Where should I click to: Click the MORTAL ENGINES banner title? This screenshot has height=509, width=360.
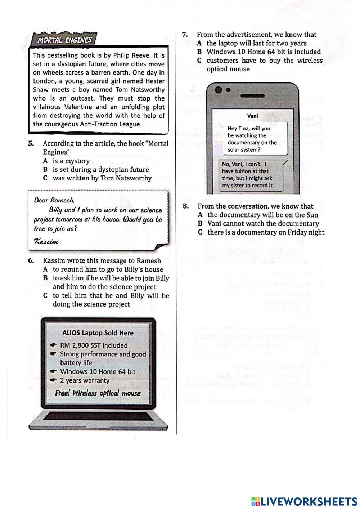pyautogui.click(x=64, y=40)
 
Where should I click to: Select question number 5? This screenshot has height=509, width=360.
pyautogui.click(x=31, y=143)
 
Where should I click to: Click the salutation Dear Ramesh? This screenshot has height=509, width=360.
pyautogui.click(x=54, y=200)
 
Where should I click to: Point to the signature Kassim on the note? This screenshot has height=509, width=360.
pyautogui.click(x=46, y=241)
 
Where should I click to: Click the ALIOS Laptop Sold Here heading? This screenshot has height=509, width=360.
pyautogui.click(x=98, y=333)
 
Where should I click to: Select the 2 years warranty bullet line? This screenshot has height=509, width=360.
pyautogui.click(x=84, y=381)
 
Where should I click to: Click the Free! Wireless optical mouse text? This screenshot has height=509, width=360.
pyautogui.click(x=98, y=393)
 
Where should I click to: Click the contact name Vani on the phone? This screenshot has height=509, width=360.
pyautogui.click(x=253, y=116)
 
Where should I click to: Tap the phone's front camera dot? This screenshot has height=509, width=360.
pyautogui.click(x=228, y=90)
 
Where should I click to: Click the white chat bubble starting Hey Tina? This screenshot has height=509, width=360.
pyautogui.click(x=252, y=139)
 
